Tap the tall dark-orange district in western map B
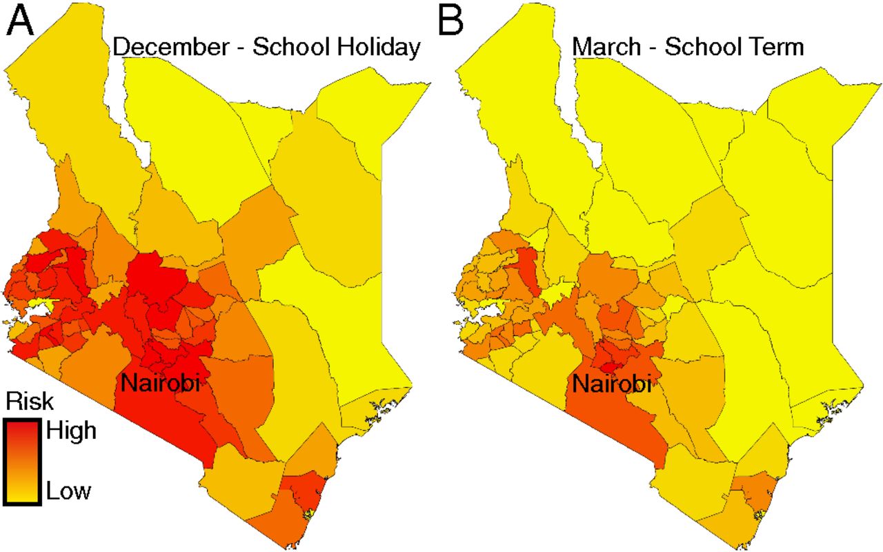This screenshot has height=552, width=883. tap(527, 269)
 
